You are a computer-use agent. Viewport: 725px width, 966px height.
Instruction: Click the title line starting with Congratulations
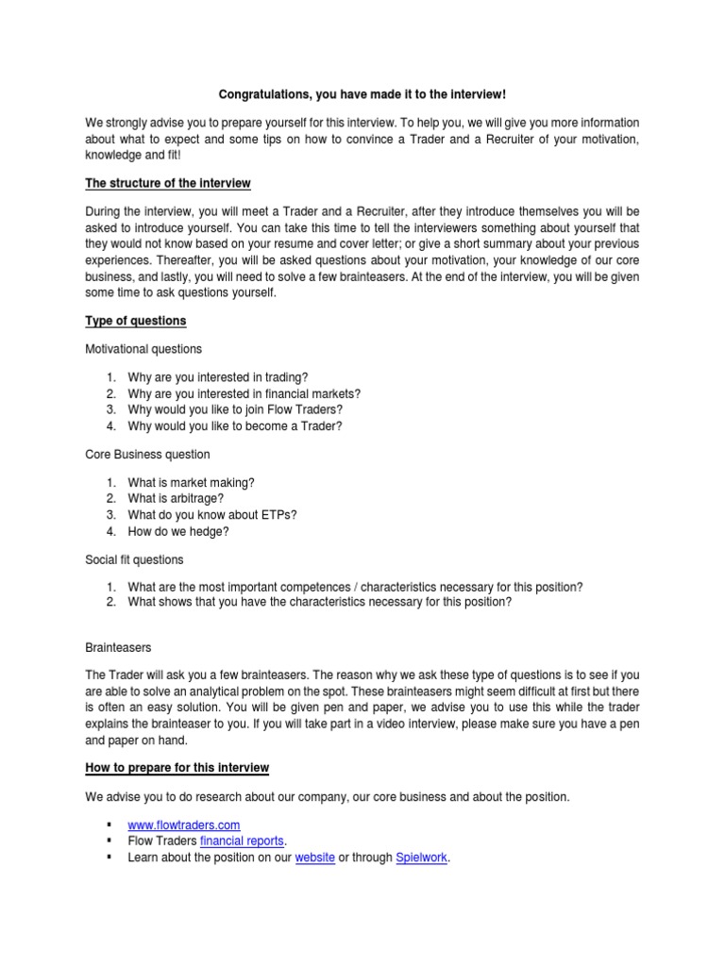pos(362,94)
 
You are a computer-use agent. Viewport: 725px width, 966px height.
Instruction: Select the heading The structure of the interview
pos(168,182)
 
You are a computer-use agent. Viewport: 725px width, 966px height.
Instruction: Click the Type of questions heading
pos(135,321)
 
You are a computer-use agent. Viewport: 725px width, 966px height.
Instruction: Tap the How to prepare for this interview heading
pos(177,768)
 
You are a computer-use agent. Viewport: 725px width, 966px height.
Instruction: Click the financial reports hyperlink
pos(243,841)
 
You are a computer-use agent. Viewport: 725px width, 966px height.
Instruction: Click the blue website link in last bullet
pos(315,858)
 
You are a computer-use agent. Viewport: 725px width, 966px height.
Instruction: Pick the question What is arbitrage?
pos(176,498)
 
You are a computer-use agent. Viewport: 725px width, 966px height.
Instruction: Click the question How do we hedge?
pos(178,531)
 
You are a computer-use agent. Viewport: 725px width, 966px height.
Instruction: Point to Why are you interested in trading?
pos(218,376)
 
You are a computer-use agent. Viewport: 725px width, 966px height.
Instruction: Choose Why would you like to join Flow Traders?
pos(234,409)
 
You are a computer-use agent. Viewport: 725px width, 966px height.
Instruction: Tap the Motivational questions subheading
pos(143,349)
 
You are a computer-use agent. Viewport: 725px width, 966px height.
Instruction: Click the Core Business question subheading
pos(147,454)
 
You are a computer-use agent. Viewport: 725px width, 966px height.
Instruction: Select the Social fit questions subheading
pos(134,559)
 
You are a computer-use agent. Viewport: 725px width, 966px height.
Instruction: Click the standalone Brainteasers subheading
pos(118,648)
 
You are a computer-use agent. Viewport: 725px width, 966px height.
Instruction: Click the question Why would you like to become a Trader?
pos(235,426)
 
